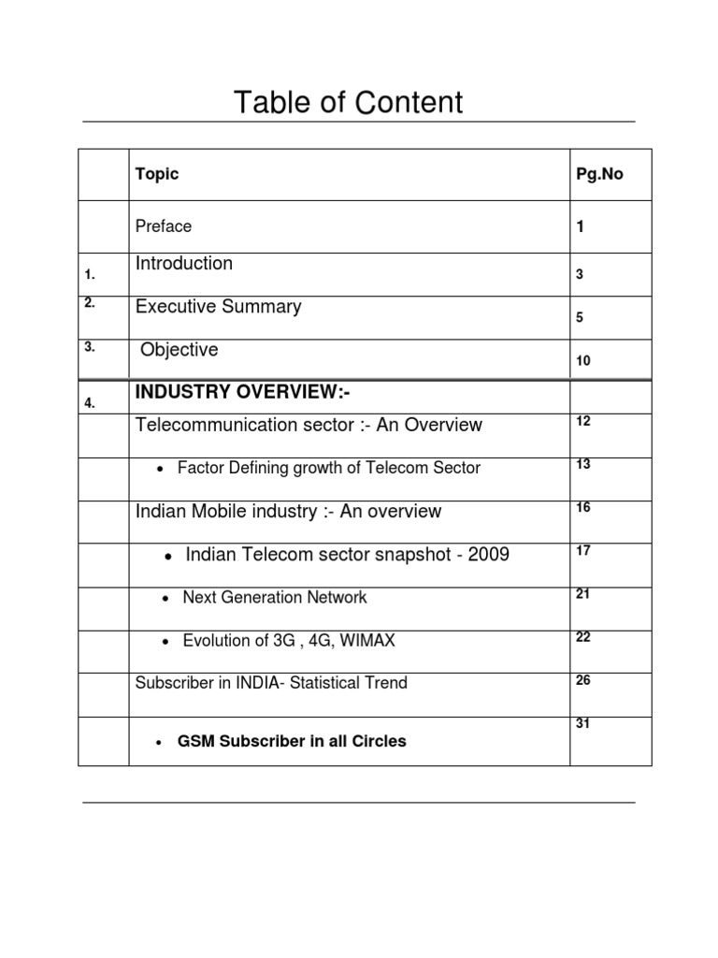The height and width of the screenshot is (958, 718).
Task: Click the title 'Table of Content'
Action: [349, 102]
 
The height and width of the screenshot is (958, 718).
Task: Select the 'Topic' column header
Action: [157, 174]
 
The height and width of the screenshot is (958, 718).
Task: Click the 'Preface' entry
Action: [164, 226]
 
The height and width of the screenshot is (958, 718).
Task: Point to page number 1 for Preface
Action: [580, 227]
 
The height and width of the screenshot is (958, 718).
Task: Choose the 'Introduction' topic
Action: [184, 264]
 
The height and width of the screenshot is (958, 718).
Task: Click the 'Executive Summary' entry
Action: [219, 307]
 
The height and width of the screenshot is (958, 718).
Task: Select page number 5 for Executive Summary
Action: [580, 318]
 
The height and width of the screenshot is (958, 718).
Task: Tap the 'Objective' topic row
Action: [179, 350]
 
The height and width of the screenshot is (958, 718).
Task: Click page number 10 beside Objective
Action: [583, 361]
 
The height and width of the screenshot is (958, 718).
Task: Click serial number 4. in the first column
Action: [90, 404]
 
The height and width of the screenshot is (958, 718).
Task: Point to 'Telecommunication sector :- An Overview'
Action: [309, 426]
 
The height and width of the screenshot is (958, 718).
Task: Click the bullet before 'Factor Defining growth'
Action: [164, 469]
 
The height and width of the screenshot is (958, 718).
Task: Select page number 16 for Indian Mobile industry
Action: [583, 507]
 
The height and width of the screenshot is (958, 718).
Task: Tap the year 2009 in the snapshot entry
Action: [489, 555]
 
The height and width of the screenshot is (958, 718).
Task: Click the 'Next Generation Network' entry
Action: [275, 597]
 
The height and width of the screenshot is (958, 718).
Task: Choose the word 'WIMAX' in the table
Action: [369, 641]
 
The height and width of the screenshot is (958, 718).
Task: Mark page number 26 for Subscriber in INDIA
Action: [583, 680]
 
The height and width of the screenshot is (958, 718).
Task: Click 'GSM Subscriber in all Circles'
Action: [292, 741]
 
